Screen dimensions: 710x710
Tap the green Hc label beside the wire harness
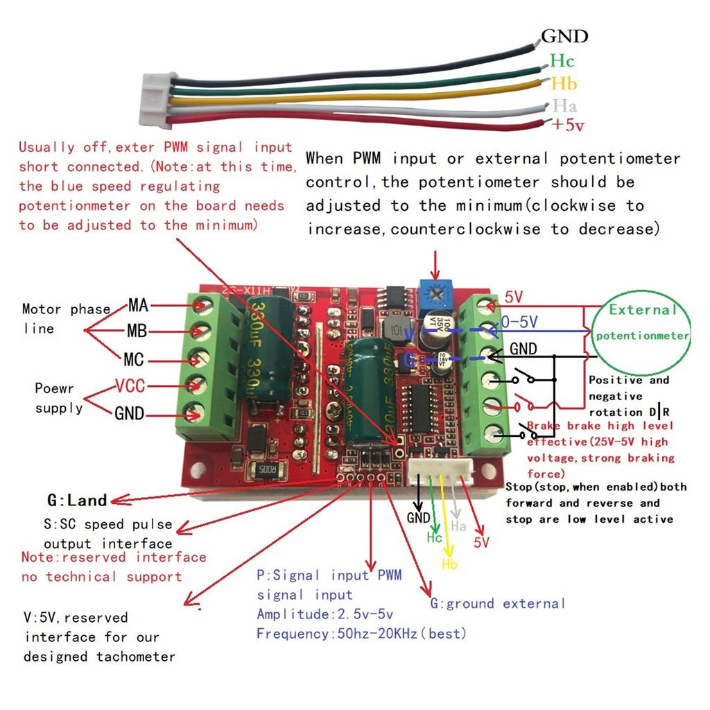(x=562, y=61)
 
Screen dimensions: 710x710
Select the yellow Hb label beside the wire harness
(x=564, y=84)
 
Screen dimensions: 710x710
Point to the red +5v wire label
(x=568, y=125)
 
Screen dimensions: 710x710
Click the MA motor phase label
(x=139, y=304)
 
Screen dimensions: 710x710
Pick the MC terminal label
(x=134, y=360)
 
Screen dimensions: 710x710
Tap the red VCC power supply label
(x=130, y=386)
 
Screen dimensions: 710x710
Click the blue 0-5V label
(x=520, y=322)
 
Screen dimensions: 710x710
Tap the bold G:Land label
(x=77, y=500)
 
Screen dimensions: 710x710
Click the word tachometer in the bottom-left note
(x=136, y=657)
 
